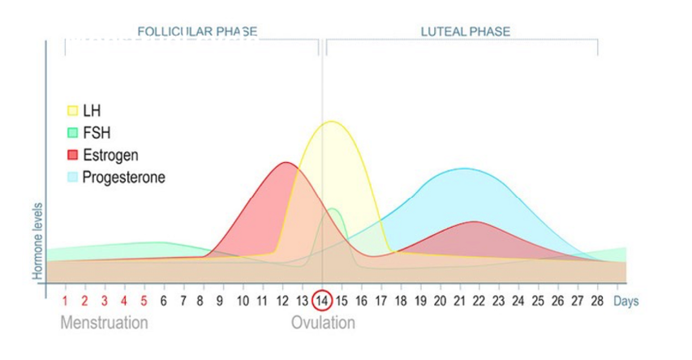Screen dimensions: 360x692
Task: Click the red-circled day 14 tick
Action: click(x=322, y=301)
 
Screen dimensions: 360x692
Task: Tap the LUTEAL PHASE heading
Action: click(x=465, y=32)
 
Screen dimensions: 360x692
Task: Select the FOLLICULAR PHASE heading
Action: click(x=197, y=32)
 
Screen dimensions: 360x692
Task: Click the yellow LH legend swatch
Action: click(x=72, y=110)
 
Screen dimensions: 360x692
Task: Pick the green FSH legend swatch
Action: click(x=72, y=132)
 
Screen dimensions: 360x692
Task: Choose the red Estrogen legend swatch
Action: click(x=72, y=154)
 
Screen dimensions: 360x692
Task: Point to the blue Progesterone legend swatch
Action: click(x=72, y=176)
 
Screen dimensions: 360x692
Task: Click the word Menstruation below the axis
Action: click(x=104, y=323)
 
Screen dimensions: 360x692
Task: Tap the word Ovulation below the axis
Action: click(x=323, y=323)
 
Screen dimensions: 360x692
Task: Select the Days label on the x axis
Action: click(x=625, y=301)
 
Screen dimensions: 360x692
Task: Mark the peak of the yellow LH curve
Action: click(x=331, y=122)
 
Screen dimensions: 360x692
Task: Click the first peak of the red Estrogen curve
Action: click(x=286, y=162)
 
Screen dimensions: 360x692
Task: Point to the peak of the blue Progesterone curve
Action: click(x=463, y=169)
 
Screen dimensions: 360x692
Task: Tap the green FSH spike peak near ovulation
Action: click(x=333, y=209)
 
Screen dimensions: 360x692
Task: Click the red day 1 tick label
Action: click(x=65, y=301)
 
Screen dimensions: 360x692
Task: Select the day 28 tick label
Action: click(x=596, y=301)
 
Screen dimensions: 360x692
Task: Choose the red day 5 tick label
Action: click(x=144, y=301)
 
